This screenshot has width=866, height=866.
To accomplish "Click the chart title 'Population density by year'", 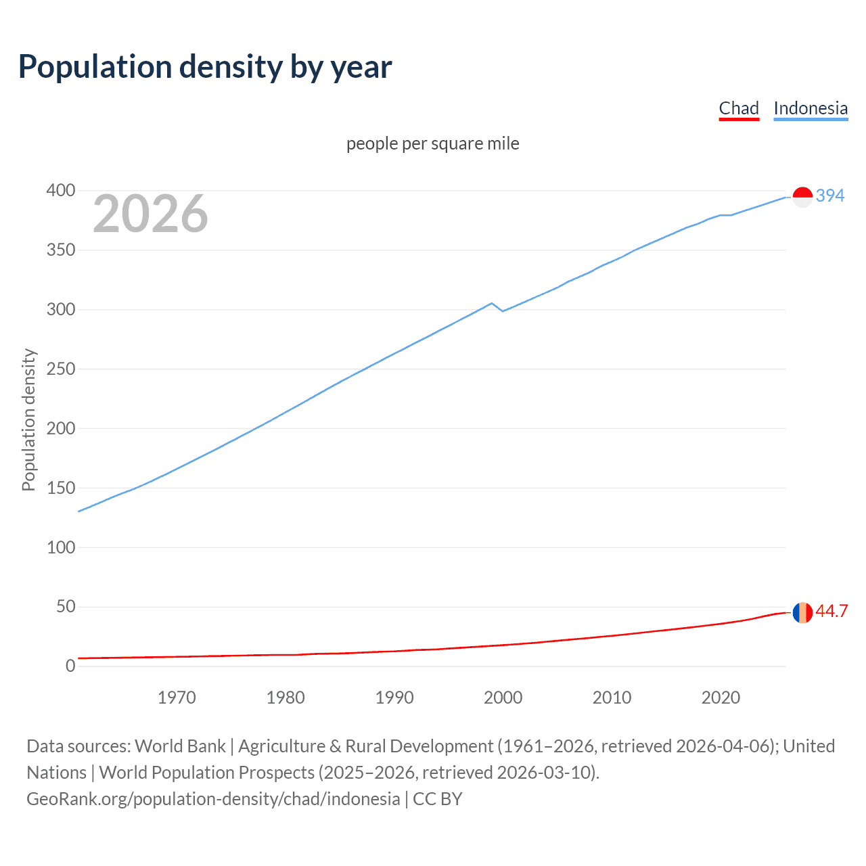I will coord(205,66).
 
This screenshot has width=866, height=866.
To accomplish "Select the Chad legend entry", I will coord(738,108).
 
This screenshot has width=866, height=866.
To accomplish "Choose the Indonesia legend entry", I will coord(810,108).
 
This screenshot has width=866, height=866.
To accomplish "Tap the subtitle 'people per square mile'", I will coord(432,143).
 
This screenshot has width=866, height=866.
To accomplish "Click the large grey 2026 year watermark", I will coord(150,214).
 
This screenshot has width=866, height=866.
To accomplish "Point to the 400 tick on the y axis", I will coord(60,191).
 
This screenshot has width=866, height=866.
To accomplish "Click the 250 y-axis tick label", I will coord(60,369).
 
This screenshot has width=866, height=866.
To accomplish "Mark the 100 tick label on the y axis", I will coord(60,547).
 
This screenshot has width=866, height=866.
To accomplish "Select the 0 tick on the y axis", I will coord(70,666).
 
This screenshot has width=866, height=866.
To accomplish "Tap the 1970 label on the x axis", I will coord(177,698).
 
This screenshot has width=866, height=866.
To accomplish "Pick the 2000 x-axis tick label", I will coord(503,698).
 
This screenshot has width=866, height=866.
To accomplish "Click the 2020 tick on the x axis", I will coord(721,698).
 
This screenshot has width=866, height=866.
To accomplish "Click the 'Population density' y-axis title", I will coord(28,419).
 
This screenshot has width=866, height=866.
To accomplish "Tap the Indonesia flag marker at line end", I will coord(802,197).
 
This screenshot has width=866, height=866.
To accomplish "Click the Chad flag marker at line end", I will coord(802,612).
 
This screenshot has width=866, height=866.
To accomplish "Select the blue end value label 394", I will coord(829,196).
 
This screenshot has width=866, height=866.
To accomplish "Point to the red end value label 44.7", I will coord(831,612).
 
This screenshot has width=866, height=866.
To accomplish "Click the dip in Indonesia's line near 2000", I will coord(502,311).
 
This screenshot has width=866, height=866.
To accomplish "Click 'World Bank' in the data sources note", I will coord(180,746).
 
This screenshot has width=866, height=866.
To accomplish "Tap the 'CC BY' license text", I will coord(437,799).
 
